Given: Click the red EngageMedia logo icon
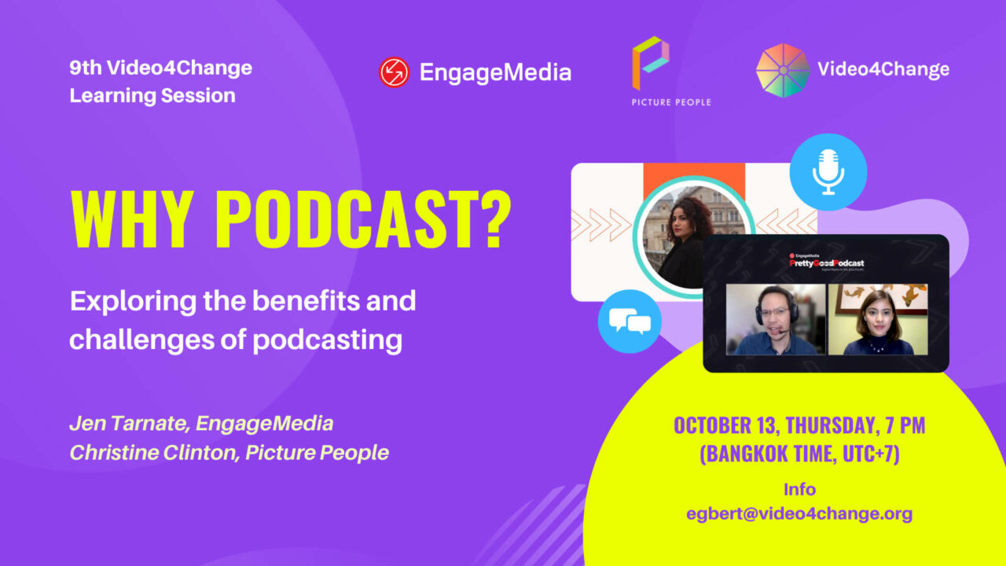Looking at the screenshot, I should (x=394, y=72).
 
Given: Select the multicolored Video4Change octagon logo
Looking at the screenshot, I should (x=782, y=70).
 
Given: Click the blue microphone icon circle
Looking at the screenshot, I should (x=828, y=171).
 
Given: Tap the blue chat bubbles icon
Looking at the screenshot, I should (x=630, y=321).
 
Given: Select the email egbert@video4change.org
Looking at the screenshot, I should (x=799, y=514).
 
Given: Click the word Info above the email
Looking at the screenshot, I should (x=799, y=490).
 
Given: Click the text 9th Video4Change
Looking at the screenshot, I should (x=160, y=68).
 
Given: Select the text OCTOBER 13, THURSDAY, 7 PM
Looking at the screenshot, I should (x=799, y=426).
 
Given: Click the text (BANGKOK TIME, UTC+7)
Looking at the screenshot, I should (x=799, y=455).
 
